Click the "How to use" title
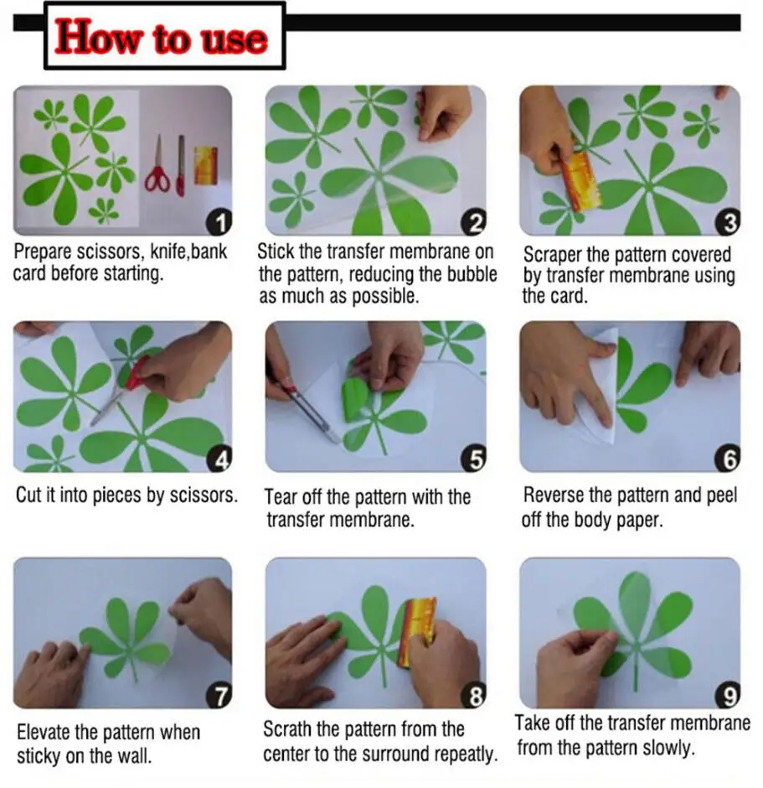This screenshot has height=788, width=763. (x=161, y=37)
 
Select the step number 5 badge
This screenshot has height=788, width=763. (x=473, y=459)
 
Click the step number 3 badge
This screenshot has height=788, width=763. (x=728, y=222)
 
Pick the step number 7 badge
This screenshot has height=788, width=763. (x=219, y=696)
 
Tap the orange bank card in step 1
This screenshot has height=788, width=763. (x=206, y=165)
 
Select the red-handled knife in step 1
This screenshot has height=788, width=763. (x=180, y=166)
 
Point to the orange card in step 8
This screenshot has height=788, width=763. (x=417, y=630)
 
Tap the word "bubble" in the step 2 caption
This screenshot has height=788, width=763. (x=472, y=274)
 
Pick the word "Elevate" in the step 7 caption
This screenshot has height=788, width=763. (x=44, y=732)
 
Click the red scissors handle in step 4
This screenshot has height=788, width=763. (x=137, y=373)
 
